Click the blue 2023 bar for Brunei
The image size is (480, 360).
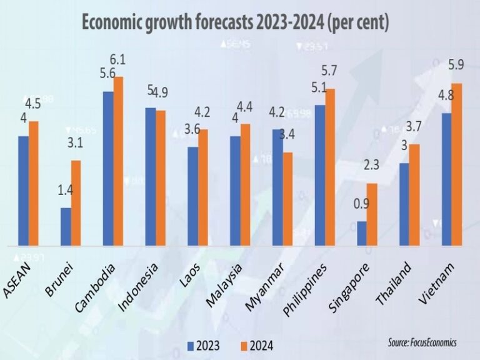[x=65, y=226]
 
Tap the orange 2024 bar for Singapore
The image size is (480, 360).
[x=372, y=214]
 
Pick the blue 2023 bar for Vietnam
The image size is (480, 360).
[x=446, y=179]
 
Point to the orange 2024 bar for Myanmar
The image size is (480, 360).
[x=287, y=199]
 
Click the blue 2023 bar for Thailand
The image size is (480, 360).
[x=404, y=204]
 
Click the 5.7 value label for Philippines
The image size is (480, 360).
[x=331, y=71]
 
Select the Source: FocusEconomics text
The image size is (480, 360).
[x=422, y=343]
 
